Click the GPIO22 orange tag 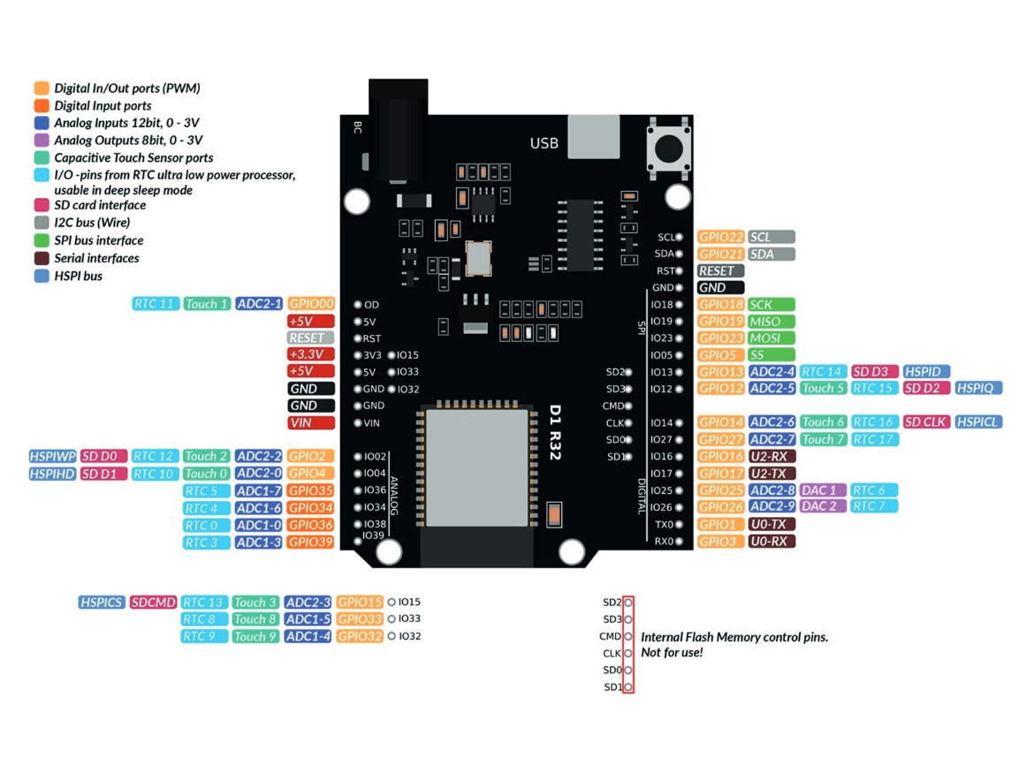click(x=720, y=237)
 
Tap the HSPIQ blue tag click(x=978, y=388)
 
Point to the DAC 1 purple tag click(x=823, y=490)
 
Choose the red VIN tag click(x=311, y=423)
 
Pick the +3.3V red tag click(x=311, y=354)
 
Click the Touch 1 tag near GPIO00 click(x=208, y=304)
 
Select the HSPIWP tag click(x=51, y=456)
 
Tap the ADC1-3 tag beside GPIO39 click(x=259, y=543)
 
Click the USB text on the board click(x=544, y=143)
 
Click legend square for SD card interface click(x=42, y=205)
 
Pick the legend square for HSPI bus click(x=42, y=276)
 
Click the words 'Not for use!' click(x=672, y=652)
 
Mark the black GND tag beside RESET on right click(x=719, y=288)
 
